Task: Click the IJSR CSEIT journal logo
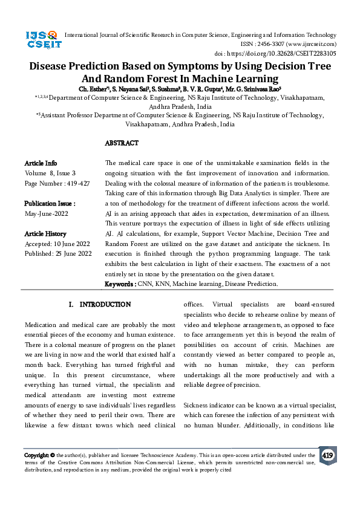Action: pyautogui.click(x=41, y=40)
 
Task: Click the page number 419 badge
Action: pyautogui.click(x=328, y=455)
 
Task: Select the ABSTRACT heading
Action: pyautogui.click(x=122, y=143)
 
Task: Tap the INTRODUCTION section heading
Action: pyautogui.click(x=100, y=304)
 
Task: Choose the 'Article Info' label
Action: pyautogui.click(x=41, y=163)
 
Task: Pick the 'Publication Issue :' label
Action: pyautogui.click(x=50, y=204)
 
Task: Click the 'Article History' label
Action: pyautogui.click(x=45, y=233)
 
